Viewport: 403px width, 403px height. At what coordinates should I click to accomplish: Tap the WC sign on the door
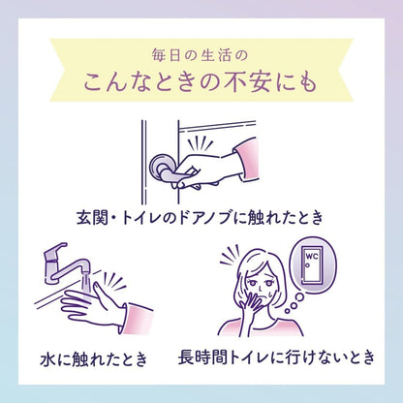pos(312,257)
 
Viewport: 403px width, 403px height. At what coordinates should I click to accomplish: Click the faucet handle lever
pos(55,249)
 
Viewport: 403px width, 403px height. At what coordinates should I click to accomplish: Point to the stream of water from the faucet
pos(85,284)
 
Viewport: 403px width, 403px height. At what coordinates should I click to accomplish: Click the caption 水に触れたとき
pos(94,359)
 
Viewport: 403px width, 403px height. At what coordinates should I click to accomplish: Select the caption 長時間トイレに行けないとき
pos(276,357)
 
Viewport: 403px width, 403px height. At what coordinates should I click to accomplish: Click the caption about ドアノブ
pos(201,217)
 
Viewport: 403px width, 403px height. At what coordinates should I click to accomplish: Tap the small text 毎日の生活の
pos(200,55)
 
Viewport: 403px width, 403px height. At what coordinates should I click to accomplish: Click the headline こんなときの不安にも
pos(201,82)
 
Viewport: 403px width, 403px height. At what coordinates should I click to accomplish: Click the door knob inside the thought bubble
pos(308,265)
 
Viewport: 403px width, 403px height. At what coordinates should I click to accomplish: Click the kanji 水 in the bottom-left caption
pos(48,359)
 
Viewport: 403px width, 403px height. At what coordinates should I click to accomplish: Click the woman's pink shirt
pos(261,326)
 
